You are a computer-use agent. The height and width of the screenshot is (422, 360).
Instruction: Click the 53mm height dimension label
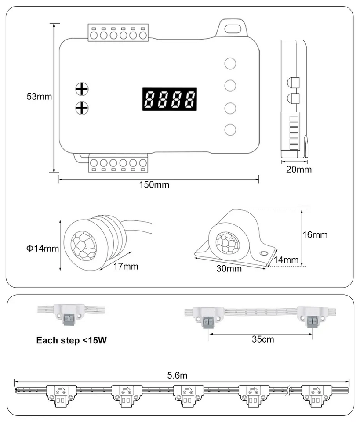click(x=39, y=97)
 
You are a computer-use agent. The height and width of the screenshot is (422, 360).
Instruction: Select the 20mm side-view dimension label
click(x=298, y=170)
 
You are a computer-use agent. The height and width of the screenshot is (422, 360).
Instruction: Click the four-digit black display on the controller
click(x=169, y=100)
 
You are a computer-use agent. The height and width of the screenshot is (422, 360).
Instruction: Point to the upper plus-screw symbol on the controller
click(x=82, y=89)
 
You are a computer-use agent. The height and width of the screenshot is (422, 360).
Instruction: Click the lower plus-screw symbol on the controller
click(x=82, y=107)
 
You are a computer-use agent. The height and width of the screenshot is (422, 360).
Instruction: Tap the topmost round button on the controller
click(x=230, y=63)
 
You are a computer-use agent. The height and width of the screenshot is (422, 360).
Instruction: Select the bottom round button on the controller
click(x=230, y=130)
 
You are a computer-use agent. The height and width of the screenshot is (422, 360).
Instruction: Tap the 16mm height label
click(x=315, y=235)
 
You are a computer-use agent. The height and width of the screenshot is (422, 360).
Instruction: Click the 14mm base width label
click(x=286, y=260)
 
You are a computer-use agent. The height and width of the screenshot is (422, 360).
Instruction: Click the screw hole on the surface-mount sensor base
click(x=264, y=253)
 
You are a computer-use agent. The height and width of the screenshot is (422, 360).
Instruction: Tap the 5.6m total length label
click(x=178, y=375)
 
